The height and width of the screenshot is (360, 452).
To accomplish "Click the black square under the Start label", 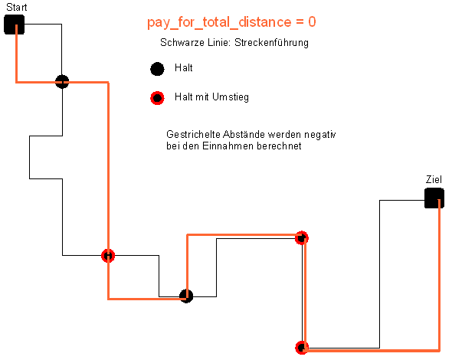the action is point(14,25).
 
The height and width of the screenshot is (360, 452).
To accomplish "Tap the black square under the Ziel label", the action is point(434,198).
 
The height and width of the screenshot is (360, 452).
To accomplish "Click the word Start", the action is point(16,7).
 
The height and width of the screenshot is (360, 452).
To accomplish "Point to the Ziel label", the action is point(434,179).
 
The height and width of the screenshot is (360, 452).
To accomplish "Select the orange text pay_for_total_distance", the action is point(219,22).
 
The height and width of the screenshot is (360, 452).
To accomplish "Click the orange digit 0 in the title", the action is point(312,21).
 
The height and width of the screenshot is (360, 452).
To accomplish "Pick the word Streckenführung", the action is point(271,42).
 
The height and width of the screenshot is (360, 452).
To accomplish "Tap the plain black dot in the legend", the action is point(157,69).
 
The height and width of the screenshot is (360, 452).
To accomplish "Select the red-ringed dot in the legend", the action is point(157,98).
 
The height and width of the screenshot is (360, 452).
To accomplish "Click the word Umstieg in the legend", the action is point(230,97).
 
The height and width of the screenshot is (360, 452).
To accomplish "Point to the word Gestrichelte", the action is point(193,134).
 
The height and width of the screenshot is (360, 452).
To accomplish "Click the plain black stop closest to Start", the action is point(62,81).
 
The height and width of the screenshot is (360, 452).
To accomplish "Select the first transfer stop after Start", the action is point(108,256).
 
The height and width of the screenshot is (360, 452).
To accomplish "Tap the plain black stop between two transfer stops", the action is point(186,296).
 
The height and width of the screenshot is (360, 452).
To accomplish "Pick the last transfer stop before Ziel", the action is point(302,348).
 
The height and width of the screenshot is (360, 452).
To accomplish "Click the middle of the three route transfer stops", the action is point(302,238).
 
